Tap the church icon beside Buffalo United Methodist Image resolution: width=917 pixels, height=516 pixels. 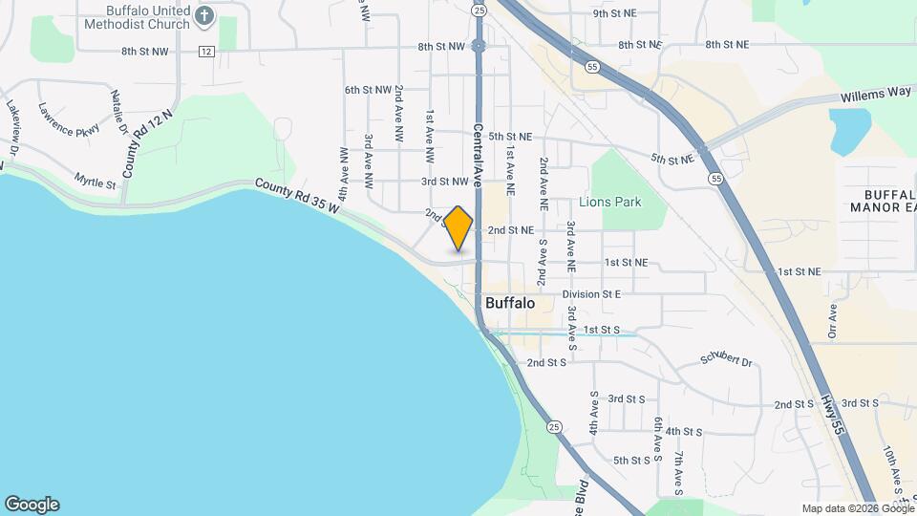pos(203,15)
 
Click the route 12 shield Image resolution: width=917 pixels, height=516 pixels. pos(206,51)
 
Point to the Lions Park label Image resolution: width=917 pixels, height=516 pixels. pos(610,203)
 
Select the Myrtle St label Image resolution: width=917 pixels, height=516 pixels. pos(95,180)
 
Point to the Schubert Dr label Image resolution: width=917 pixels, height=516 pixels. pos(727,361)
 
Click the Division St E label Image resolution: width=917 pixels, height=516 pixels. pos(591,294)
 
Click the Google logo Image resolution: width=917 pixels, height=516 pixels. pos(32,505)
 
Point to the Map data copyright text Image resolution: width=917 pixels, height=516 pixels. pos(857,508)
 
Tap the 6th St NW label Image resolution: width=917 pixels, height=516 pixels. pos(369,90)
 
